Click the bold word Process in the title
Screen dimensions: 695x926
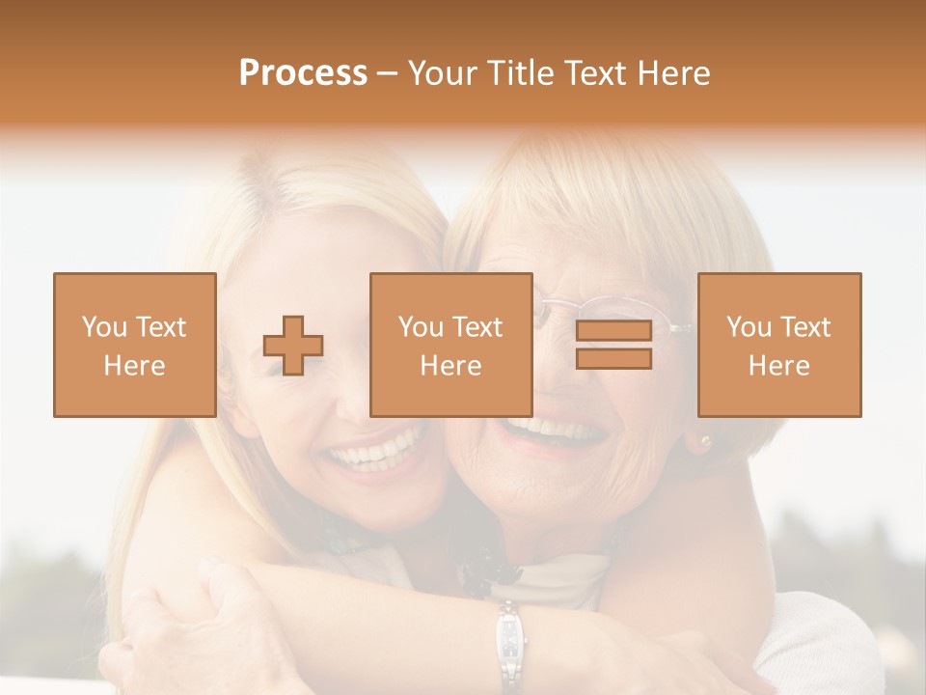(x=303, y=73)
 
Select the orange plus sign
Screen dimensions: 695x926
(x=293, y=346)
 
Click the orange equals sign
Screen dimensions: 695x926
(x=613, y=345)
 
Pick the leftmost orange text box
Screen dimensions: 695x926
(x=135, y=345)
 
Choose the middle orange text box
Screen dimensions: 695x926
(x=450, y=345)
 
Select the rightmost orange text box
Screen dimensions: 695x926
(x=778, y=345)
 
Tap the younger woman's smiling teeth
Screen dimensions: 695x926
(x=381, y=452)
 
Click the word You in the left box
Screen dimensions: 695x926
(x=102, y=327)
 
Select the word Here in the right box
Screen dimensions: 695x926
(x=778, y=366)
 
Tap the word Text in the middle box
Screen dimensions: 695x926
(x=477, y=327)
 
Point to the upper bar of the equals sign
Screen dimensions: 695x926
(x=613, y=331)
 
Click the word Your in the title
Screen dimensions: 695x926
(x=442, y=73)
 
